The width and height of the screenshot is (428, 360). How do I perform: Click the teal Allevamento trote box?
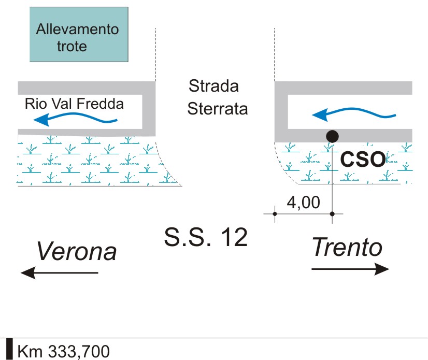[x=79, y=34]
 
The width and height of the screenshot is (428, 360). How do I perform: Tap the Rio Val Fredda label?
[x=74, y=104]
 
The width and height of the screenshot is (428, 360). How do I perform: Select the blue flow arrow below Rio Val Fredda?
[x=75, y=119]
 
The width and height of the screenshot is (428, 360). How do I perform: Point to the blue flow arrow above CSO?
[x=354, y=114]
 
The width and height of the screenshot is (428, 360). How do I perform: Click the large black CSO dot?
[x=332, y=136]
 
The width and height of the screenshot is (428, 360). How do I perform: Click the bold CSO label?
[x=363, y=159]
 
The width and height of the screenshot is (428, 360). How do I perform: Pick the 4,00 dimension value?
[x=303, y=203]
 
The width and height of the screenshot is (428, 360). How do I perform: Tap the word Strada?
[x=213, y=85]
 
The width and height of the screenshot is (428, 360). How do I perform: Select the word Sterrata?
[x=218, y=109]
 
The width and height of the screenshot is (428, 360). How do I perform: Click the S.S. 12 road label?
[x=206, y=237]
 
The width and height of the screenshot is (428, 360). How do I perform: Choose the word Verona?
[x=77, y=251]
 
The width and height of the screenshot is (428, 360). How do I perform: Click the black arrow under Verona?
[x=60, y=272]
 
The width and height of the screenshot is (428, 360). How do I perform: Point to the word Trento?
[x=347, y=247]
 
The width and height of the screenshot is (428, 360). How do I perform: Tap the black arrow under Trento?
[x=350, y=269]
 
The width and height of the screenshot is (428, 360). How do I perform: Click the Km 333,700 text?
[x=64, y=351]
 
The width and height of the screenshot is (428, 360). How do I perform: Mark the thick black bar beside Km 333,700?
[x=9, y=349]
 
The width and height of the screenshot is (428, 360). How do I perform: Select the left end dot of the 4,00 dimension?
[x=275, y=214]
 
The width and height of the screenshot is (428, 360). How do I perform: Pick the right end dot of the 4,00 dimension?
[x=332, y=214]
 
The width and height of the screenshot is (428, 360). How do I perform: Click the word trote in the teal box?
[x=72, y=46]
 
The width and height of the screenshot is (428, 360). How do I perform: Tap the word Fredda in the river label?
[x=100, y=104]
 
